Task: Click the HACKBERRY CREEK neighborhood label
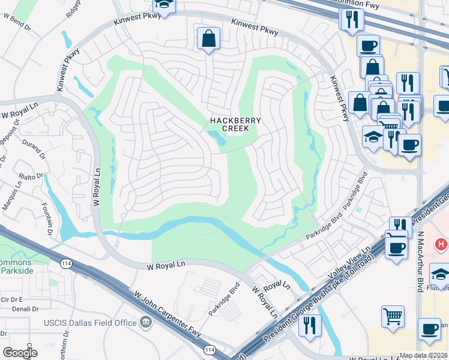(x=235, y=124)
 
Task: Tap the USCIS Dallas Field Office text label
(x=91, y=323)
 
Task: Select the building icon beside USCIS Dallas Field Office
(x=145, y=323)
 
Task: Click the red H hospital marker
(x=441, y=245)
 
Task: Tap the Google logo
(x=20, y=353)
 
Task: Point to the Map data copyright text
(x=424, y=355)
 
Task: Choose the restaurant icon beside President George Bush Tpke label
(x=309, y=326)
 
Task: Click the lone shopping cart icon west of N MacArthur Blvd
(x=392, y=314)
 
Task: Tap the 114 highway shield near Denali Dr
(x=65, y=263)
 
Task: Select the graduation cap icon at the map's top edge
(x=163, y=5)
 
